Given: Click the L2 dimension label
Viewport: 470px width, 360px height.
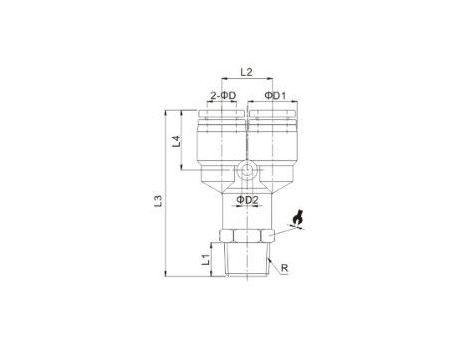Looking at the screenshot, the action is pos(246,72).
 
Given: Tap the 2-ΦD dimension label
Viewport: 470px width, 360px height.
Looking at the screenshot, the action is pos(223,96).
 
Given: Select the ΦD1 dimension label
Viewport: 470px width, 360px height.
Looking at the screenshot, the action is pos(275,96).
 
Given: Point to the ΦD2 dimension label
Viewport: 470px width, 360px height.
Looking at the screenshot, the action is pos(247,200).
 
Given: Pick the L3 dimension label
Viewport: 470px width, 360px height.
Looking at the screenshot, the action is pos(158,200).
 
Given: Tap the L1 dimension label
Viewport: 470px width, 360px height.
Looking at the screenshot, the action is pos(206,259).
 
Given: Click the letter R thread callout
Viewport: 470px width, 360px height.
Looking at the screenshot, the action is pos(284,268).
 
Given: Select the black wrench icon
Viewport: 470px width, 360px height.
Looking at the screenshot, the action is pos(297,218).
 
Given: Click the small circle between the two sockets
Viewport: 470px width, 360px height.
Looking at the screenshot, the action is pos(247,170).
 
